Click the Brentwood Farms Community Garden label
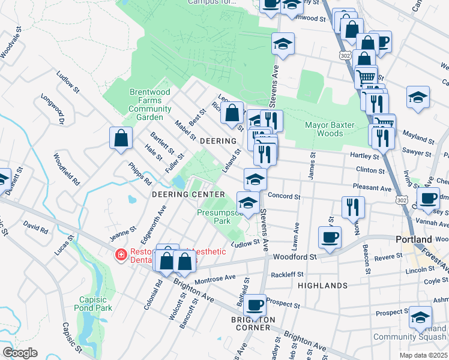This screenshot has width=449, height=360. point(149,101)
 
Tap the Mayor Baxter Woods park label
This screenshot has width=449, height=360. point(330,129)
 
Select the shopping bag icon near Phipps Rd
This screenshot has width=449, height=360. point(121,139)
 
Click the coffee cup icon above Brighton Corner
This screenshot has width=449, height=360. point(255,305)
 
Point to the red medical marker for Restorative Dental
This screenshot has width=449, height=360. point(121,255)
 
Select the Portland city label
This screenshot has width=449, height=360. point(414,239)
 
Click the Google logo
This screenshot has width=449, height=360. point(20,353)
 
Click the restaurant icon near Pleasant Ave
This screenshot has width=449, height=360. point(352,208)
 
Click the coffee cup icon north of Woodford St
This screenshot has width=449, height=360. point(329,236)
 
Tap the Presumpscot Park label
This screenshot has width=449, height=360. point(220,216)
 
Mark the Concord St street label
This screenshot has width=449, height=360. point(283,196)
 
